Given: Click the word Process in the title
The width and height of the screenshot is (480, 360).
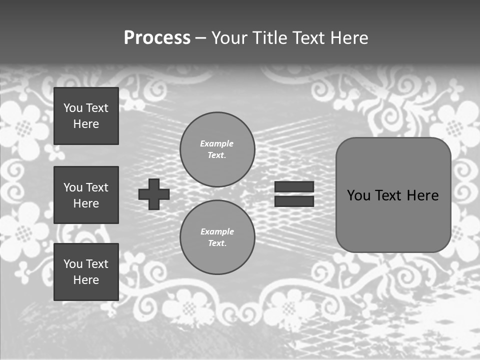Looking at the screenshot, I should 157,38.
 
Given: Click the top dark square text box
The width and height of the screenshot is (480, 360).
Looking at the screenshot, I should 86,116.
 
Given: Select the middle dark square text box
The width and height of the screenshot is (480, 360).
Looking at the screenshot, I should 86,195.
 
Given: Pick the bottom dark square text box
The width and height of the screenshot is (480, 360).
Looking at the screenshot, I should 86,272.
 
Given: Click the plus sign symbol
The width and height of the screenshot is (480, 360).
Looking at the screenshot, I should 154,194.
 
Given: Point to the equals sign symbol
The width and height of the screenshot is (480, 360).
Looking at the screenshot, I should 294,194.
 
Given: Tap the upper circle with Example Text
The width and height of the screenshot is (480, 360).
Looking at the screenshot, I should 217,149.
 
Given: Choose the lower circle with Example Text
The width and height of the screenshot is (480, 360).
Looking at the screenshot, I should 217,237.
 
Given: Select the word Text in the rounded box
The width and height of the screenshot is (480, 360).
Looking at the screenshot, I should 389,195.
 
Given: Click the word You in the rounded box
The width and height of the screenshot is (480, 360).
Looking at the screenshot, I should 358,195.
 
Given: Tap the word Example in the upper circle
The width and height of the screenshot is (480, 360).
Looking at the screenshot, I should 217,143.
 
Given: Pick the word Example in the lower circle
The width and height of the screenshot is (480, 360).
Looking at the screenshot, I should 217,231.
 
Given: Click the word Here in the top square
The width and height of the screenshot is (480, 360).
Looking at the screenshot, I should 86,124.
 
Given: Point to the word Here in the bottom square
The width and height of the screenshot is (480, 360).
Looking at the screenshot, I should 86,280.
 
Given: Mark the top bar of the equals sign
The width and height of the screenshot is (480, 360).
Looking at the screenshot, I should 294,187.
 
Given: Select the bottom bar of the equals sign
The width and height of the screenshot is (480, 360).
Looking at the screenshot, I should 294,201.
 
